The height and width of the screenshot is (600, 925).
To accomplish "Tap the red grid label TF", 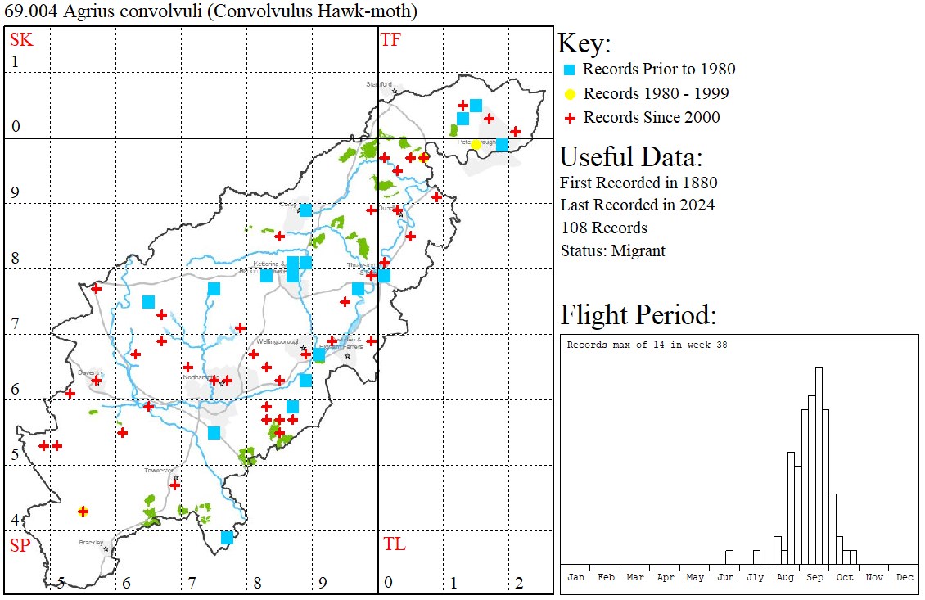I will coord(390,39).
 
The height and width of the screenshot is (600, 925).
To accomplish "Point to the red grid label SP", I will coord(20,545).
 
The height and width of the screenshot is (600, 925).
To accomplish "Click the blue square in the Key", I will coord(570,70).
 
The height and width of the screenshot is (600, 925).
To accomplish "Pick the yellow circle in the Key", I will coord(570,93).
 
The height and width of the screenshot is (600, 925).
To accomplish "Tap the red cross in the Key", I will coord(570,118).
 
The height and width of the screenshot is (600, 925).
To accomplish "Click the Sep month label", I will coord(815,577).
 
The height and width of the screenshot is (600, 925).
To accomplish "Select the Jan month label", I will coord(576,577).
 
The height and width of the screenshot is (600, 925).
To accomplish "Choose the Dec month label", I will coord(905,577).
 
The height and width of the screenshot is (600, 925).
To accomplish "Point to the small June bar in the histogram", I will coord(729,557).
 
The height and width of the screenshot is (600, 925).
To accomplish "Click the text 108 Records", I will coord(604,228).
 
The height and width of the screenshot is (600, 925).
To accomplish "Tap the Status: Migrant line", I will coord(612,250).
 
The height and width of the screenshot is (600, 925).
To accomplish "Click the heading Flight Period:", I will coord(638,315).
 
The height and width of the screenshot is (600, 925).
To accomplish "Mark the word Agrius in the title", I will coord(76,11).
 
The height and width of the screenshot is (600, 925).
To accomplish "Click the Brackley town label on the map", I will coord(90,542).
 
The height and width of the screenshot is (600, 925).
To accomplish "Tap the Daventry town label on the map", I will coord(88,372).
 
